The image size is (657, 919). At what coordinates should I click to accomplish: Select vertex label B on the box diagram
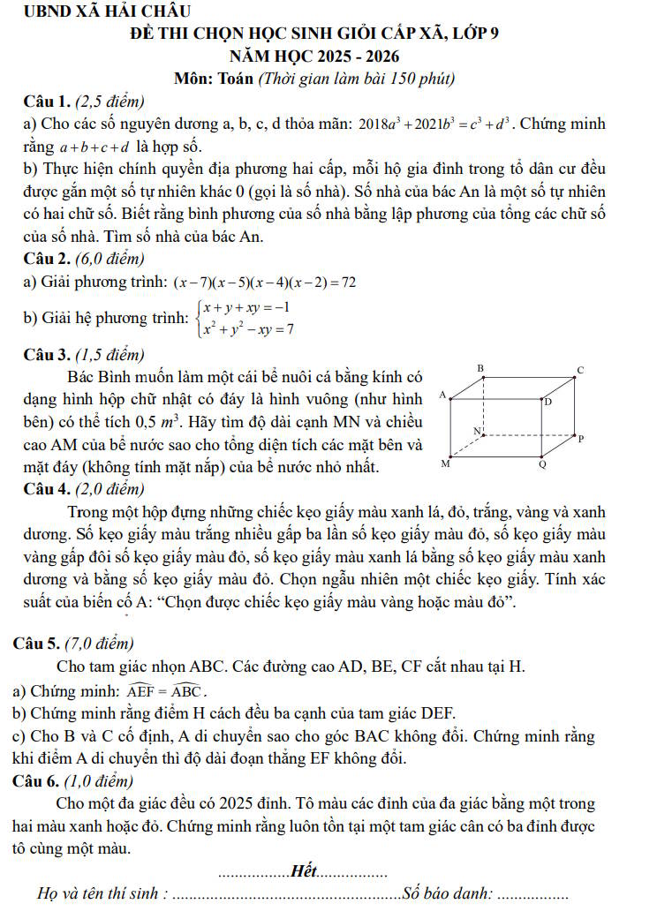click(x=481, y=366)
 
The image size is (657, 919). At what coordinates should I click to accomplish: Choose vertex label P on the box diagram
click(x=580, y=437)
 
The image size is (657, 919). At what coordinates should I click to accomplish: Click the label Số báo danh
click(x=447, y=893)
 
